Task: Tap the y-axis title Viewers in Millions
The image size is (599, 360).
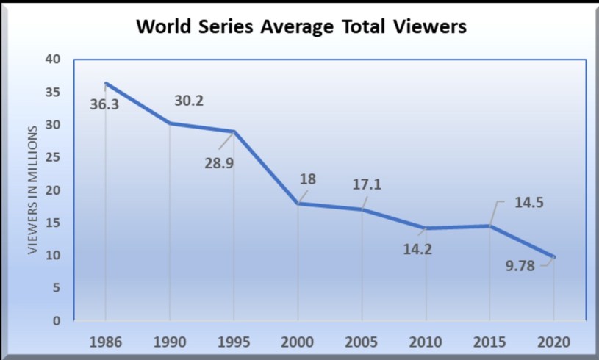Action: click(x=33, y=190)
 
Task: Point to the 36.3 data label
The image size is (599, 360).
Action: click(x=105, y=104)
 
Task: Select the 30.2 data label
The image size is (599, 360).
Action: click(x=189, y=101)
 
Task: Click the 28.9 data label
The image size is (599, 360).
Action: click(x=219, y=162)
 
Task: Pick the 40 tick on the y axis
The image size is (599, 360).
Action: click(x=56, y=60)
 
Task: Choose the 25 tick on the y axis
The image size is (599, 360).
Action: click(x=56, y=158)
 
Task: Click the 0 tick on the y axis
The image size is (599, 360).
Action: click(x=56, y=321)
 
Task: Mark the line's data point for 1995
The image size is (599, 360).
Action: click(x=234, y=132)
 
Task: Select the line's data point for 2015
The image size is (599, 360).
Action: click(x=489, y=226)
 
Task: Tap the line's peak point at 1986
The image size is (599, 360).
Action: click(x=106, y=83)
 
